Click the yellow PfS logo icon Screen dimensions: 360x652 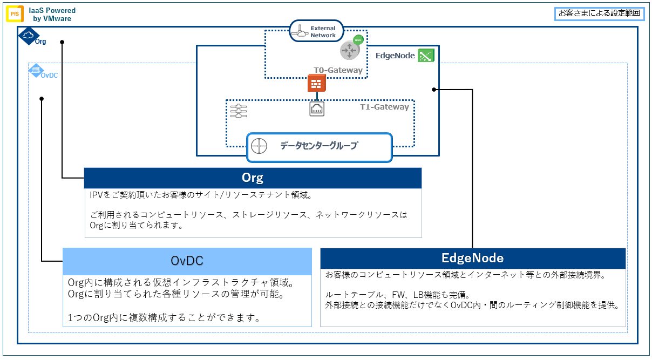15,14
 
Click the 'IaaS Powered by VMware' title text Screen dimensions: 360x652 52,15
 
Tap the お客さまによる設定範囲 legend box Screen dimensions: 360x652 600,14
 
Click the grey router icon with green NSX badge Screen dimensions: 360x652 350,50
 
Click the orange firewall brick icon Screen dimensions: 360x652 316,83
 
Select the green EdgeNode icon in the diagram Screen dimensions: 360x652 426,55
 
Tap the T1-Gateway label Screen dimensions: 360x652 384,107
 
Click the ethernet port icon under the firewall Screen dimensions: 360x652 317,109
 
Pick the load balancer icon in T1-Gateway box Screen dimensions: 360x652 238,111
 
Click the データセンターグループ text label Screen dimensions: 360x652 318,146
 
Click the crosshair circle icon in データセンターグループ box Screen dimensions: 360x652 259,146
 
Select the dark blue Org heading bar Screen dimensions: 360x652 253,178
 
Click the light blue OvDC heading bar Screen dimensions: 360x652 187,261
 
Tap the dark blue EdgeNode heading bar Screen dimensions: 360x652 472,258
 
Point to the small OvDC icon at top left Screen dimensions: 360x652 36,70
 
